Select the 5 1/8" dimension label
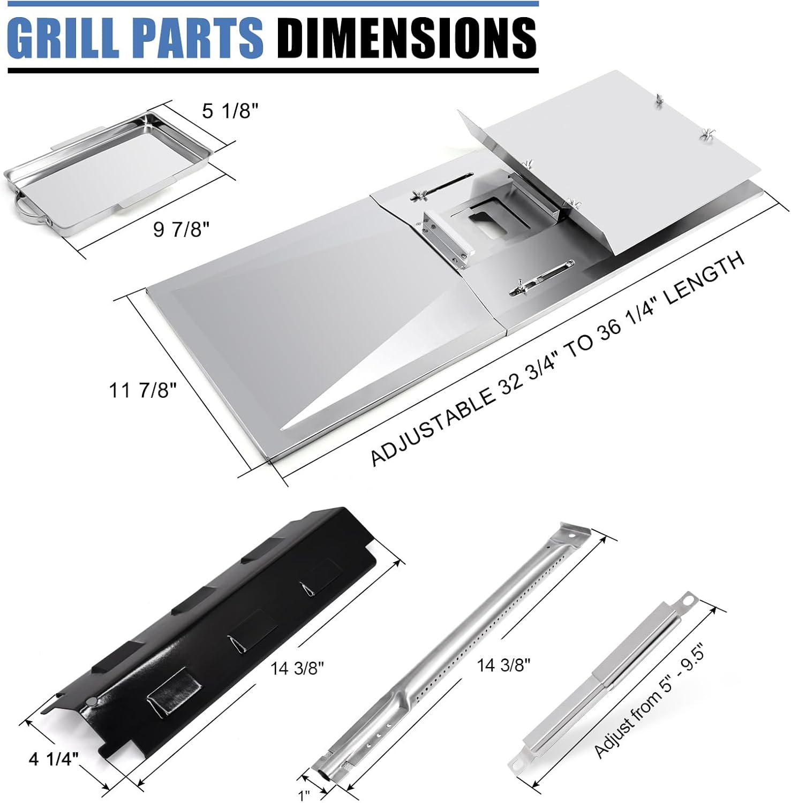230,111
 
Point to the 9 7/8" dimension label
181,229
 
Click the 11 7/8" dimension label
142,390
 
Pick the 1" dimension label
304,795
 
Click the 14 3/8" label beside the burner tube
503,665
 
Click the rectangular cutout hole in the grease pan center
488,221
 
